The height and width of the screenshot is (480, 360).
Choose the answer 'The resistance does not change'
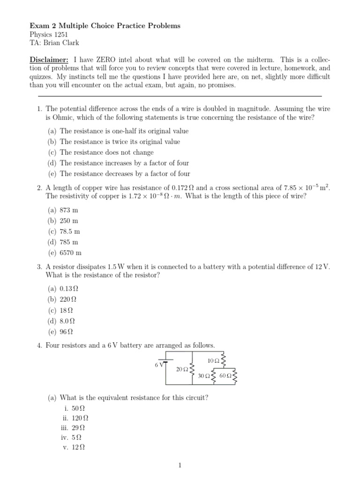pos(106,152)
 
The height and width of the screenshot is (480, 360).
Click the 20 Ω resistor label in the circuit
pos(182,369)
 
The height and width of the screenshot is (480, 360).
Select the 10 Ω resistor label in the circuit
pos(213,360)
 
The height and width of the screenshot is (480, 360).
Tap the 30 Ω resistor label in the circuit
pos(204,376)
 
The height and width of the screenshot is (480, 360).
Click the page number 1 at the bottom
pos(180,465)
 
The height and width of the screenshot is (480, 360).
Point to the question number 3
pos(39,267)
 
